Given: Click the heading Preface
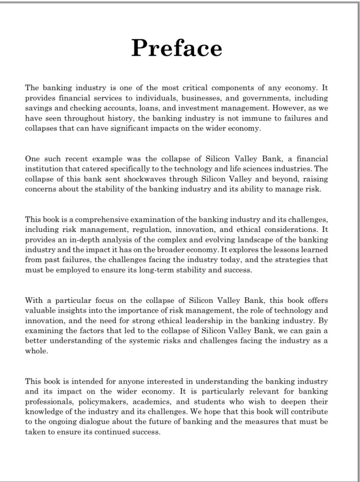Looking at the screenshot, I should pyautogui.click(x=177, y=48).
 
